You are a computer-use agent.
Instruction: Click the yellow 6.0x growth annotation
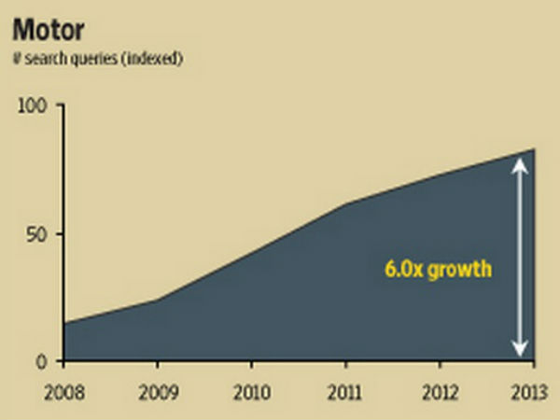click(438, 270)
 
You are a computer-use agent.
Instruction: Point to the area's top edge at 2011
click(346, 203)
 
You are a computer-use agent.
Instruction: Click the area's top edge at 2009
click(158, 299)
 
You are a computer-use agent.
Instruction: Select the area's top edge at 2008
click(64, 323)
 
